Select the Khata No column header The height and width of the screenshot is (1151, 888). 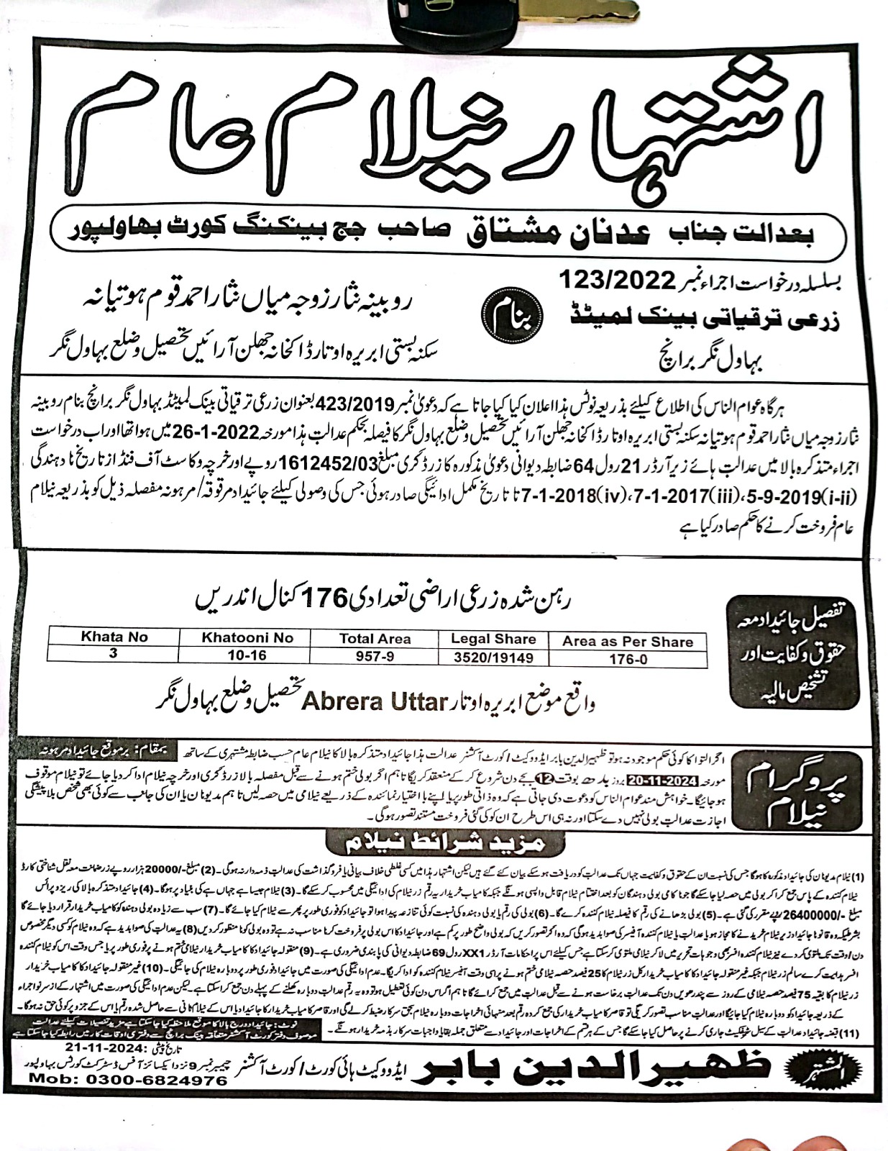pyautogui.click(x=114, y=637)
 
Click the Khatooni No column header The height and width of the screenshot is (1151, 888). pyautogui.click(x=247, y=637)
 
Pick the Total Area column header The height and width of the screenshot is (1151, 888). pyautogui.click(x=375, y=639)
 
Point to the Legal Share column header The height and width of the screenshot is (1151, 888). pyautogui.click(x=493, y=639)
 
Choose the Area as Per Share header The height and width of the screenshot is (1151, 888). pyautogui.click(x=627, y=642)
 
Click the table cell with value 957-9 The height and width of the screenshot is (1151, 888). pyautogui.click(x=375, y=656)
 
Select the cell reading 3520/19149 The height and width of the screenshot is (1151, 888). pyautogui.click(x=493, y=657)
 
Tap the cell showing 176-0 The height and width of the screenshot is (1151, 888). pyautogui.click(x=627, y=659)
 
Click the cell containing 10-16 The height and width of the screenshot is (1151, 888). pyautogui.click(x=247, y=655)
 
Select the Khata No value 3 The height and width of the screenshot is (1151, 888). pyautogui.click(x=114, y=654)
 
